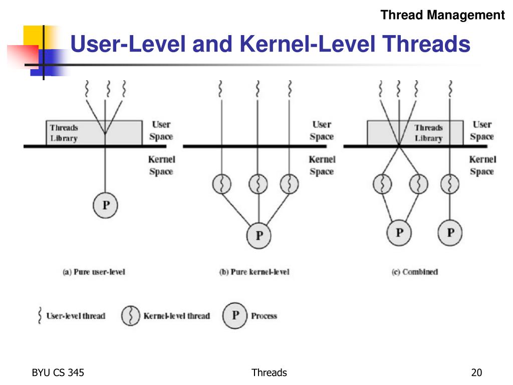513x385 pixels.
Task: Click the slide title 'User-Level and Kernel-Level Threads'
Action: click(x=270, y=45)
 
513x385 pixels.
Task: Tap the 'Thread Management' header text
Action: click(x=442, y=15)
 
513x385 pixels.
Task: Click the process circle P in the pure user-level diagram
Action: click(x=105, y=205)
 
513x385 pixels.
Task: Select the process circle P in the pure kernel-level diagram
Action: click(x=259, y=235)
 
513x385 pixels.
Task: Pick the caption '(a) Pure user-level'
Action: click(x=94, y=272)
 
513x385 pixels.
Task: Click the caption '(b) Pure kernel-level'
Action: click(x=254, y=272)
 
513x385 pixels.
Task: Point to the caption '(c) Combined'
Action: click(x=414, y=272)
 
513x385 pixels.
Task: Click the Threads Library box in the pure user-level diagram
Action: click(x=75, y=133)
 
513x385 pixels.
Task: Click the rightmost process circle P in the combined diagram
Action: click(x=450, y=233)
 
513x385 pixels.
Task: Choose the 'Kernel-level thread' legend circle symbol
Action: click(x=131, y=316)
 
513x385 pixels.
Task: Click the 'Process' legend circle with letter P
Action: click(x=235, y=316)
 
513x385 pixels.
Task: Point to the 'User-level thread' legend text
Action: click(x=76, y=316)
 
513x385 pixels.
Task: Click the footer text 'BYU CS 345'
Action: click(x=58, y=372)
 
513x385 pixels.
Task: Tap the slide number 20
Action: click(x=476, y=372)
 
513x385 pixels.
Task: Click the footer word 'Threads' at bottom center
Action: click(x=269, y=372)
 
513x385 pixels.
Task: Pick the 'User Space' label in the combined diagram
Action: click(x=482, y=130)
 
